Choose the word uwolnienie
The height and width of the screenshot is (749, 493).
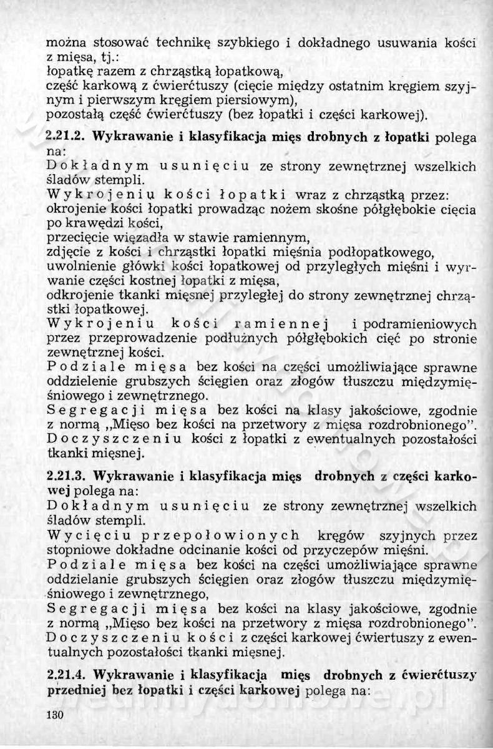pyautogui.click(x=78, y=266)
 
